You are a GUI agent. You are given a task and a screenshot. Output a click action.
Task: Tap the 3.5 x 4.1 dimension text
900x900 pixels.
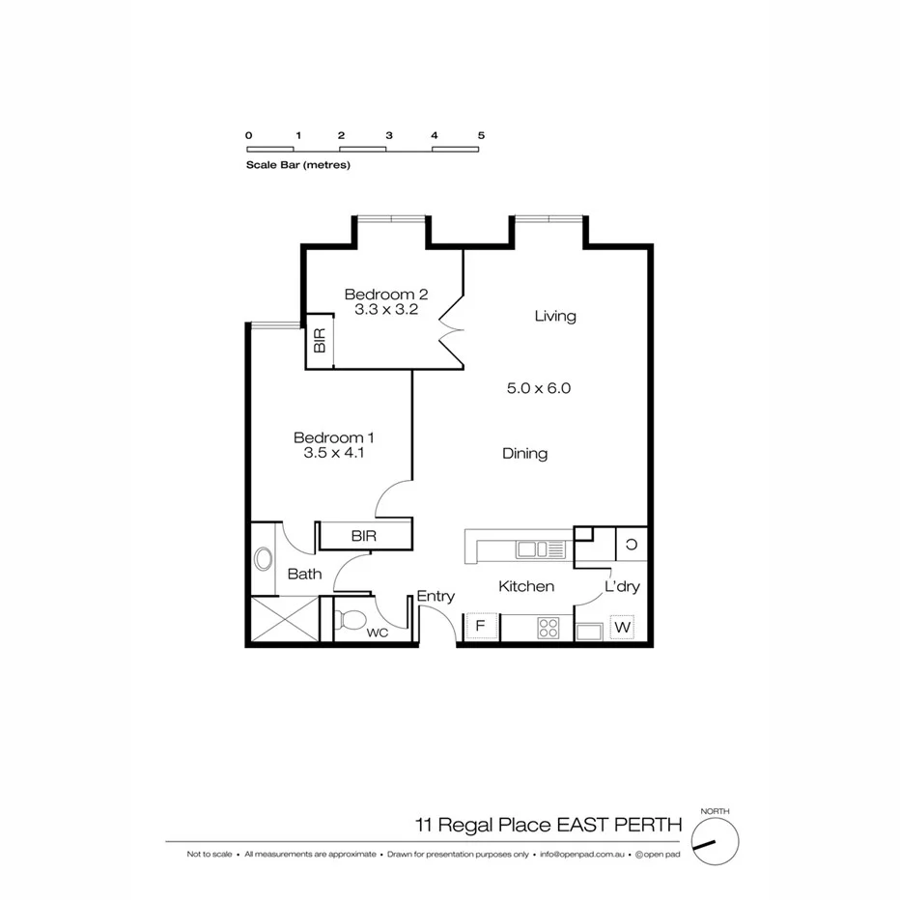pyautogui.click(x=332, y=451)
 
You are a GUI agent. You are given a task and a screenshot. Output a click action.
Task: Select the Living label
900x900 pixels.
pyautogui.click(x=555, y=316)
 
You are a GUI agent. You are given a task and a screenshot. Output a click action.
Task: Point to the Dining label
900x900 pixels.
pyautogui.click(x=524, y=453)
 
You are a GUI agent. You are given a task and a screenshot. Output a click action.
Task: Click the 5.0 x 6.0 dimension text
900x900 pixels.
pyautogui.click(x=540, y=388)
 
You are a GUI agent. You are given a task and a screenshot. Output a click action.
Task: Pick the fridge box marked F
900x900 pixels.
pyautogui.click(x=480, y=628)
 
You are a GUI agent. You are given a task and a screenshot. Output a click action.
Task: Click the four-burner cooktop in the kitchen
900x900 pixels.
pyautogui.click(x=548, y=628)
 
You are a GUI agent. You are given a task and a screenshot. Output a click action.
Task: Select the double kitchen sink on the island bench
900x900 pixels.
pyautogui.click(x=532, y=549)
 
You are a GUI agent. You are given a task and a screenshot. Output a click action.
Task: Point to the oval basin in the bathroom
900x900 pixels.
pyautogui.click(x=263, y=559)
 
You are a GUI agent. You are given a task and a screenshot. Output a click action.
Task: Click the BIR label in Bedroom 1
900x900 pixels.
pyautogui.click(x=364, y=535)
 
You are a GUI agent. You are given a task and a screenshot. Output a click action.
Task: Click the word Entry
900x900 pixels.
pyautogui.click(x=436, y=597)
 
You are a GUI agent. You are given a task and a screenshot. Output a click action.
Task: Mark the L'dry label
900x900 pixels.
pyautogui.click(x=623, y=586)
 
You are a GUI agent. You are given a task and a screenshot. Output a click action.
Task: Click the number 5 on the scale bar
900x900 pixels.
pyautogui.click(x=480, y=136)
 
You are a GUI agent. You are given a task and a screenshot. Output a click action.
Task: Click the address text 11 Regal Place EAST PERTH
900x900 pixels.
pyautogui.click(x=548, y=825)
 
